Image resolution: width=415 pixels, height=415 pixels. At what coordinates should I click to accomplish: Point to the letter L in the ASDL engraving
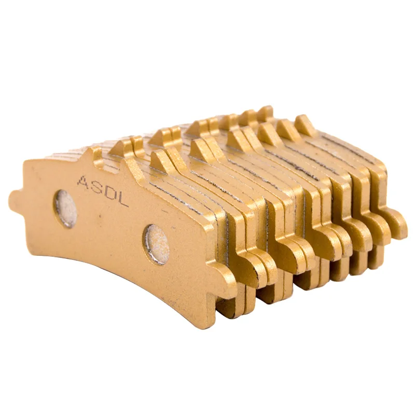pos(121,200)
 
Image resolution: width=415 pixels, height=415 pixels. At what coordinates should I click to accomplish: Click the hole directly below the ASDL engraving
pos(66,209)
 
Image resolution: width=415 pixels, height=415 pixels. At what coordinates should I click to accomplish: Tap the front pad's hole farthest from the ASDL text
pos(157,244)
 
